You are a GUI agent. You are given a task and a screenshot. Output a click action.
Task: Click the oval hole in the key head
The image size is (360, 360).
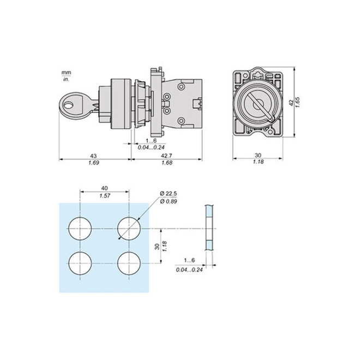[x=68, y=106]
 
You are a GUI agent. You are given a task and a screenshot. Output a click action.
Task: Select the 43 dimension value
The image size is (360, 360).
[x=93, y=156]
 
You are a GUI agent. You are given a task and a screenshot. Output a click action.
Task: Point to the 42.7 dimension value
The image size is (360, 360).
[x=166, y=155]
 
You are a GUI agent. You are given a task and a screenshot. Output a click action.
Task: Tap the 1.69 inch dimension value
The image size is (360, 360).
[x=94, y=163]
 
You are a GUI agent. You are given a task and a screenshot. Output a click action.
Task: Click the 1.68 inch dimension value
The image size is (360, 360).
[x=167, y=163]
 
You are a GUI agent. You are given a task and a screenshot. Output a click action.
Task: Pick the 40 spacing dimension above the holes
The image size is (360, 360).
[x=104, y=188]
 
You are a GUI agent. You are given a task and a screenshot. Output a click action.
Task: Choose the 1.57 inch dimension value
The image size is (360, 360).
[x=105, y=196]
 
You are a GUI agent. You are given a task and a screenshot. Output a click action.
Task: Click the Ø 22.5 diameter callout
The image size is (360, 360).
[x=169, y=194]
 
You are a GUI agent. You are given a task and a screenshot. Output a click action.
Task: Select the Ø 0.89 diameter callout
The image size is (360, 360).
[x=169, y=201]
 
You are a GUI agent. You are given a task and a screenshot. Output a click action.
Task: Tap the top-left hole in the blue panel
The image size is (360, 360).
[x=80, y=229]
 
